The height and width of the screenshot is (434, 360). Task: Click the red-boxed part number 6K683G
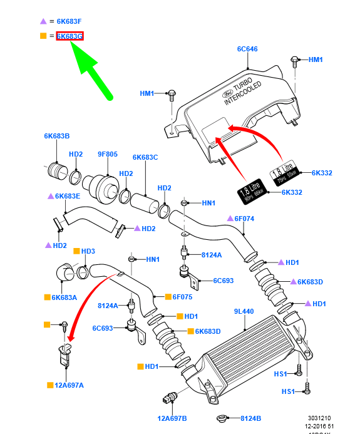[x=69, y=36]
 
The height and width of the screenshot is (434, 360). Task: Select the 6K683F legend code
[x=69, y=22]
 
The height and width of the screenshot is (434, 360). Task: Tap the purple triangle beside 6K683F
[x=43, y=22]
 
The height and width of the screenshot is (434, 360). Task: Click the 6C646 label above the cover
[x=247, y=48]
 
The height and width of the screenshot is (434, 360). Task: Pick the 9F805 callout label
[x=107, y=154]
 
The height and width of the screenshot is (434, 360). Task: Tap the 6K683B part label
[x=56, y=136]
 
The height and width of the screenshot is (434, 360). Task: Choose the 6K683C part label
[x=145, y=157]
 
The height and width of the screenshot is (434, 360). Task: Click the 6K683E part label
[x=68, y=196]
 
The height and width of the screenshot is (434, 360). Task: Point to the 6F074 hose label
[x=244, y=219]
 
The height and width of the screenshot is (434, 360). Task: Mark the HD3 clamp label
[x=88, y=251]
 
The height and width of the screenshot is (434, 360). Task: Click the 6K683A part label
[x=64, y=297]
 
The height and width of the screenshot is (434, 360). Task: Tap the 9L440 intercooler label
[x=244, y=311]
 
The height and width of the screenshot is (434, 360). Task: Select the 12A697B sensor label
[x=172, y=418]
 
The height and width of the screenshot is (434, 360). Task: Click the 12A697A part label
[x=69, y=385]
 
